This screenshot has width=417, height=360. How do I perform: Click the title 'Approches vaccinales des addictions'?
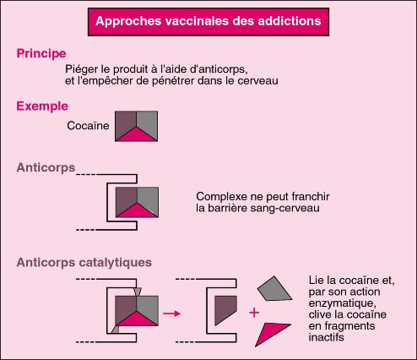pos(208,21)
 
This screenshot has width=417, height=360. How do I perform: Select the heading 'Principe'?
pos(41,53)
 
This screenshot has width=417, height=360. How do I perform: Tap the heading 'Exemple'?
pos(42,106)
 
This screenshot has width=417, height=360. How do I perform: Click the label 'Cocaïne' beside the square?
pos(88,126)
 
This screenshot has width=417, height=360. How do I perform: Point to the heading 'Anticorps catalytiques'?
pos(84,263)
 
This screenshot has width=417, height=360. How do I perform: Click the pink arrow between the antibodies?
pos(171,314)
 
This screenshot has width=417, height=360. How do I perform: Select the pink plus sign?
pos(254,313)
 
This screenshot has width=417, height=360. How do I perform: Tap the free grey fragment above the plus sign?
pos(274,289)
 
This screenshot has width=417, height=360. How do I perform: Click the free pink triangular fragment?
pos(272,332)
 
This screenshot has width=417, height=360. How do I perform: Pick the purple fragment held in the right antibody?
pos(225,309)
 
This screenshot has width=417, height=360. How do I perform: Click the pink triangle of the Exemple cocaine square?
pos(136,135)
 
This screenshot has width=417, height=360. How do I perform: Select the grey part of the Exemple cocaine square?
pos(148,123)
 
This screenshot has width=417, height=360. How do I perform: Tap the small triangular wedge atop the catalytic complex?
pos(137,292)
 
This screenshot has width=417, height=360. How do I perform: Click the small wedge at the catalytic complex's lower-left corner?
pos(116,330)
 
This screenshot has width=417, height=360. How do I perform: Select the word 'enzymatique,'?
pos(343,303)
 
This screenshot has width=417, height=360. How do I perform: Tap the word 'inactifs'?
pos(327,337)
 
